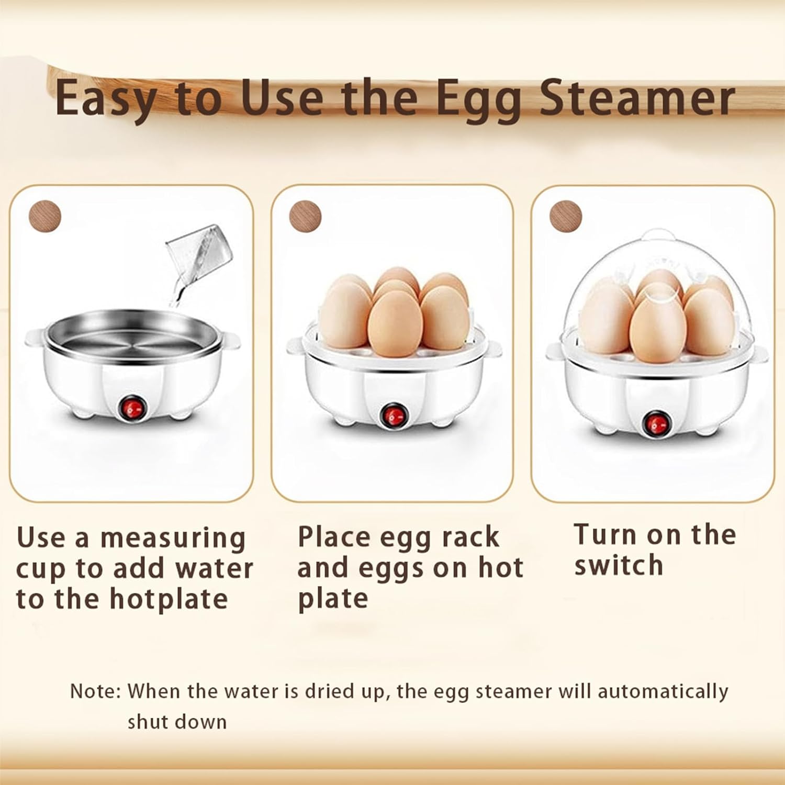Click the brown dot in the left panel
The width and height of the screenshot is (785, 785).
tap(45, 216)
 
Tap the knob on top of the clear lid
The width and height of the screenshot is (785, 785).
tap(658, 234)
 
